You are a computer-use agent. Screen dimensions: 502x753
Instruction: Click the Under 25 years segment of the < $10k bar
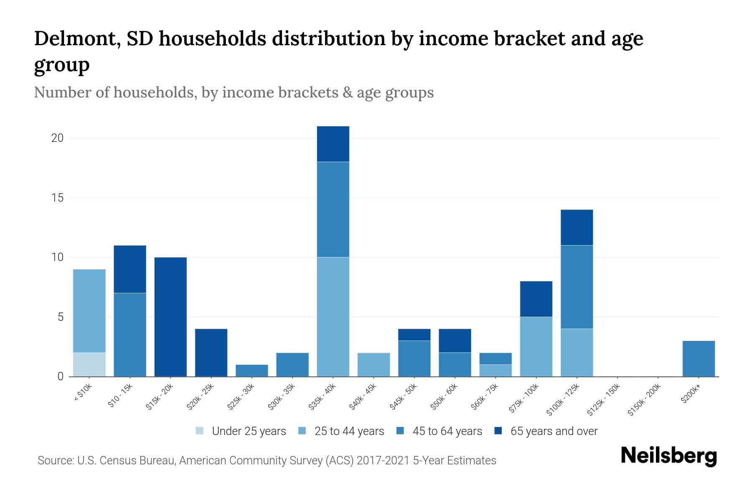pos(89,364)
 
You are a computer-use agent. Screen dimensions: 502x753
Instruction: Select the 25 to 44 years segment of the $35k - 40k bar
pos(333,317)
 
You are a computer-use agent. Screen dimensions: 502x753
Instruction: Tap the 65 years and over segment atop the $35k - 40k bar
pos(333,144)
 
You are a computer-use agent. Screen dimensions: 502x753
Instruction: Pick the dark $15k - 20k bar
pos(170,317)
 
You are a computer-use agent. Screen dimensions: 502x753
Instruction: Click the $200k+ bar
pos(698,359)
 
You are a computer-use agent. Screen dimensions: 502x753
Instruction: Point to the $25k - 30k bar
pos(252,371)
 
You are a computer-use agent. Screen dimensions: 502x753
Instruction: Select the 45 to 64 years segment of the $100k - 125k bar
pos(576,287)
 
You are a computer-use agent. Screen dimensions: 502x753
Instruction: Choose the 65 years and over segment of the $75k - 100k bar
pos(536,299)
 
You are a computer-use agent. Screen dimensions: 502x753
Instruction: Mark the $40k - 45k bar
pos(374,364)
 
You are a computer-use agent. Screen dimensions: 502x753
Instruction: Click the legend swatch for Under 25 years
pos(200,431)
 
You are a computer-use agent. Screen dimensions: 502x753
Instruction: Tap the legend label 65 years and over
pos(554,431)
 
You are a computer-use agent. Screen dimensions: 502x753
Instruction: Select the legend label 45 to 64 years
pos(447,431)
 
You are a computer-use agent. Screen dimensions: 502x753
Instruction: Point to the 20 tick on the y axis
pos(57,138)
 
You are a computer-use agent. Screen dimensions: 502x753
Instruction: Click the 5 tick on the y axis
pos(60,317)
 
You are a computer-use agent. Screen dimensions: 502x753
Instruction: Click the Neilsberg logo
pos(668,456)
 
